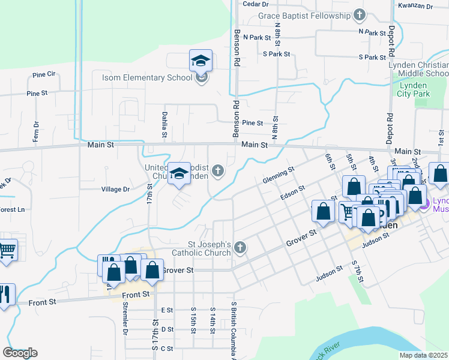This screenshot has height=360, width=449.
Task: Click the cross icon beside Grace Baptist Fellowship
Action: point(359,14)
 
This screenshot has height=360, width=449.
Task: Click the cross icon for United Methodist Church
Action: point(218,172)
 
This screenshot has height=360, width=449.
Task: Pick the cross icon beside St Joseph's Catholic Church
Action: point(240,248)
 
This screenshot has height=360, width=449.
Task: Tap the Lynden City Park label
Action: point(414,89)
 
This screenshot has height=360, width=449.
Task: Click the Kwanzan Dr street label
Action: point(415,6)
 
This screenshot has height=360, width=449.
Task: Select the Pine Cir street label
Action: point(44,74)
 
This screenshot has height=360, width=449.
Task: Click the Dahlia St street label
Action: point(163,124)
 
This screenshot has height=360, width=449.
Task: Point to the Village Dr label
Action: point(115,189)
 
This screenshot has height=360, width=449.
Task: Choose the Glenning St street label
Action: point(279,176)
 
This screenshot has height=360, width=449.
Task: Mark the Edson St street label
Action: point(293,194)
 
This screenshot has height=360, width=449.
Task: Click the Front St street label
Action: point(135,295)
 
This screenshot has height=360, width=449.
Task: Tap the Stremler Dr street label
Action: point(125,324)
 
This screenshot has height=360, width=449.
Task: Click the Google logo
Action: point(20,353)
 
